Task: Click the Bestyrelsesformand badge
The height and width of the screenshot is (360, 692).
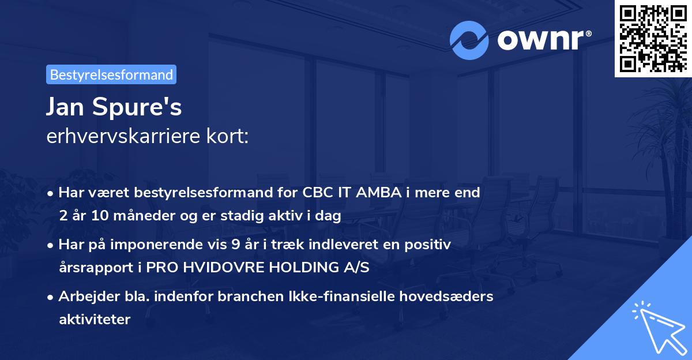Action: coord(111,74)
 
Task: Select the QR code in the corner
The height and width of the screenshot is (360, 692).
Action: coord(653,38)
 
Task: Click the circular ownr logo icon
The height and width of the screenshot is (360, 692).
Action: coord(469,40)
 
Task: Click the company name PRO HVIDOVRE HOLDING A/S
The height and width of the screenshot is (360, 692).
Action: coord(257,268)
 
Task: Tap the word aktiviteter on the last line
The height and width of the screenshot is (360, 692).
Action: coord(95,319)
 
